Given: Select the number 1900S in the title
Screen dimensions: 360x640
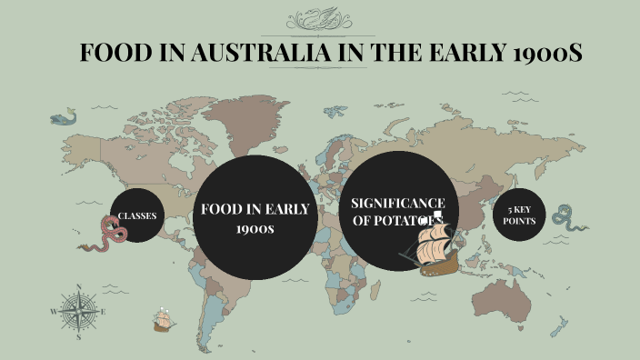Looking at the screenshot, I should coord(544,53).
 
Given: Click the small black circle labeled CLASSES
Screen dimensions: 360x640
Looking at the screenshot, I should coord(137,215).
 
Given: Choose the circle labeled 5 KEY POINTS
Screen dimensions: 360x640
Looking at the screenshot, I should coord(520,215).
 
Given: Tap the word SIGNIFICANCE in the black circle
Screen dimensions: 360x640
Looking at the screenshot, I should coord(397,202).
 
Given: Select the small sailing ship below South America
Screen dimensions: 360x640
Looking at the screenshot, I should coord(164,321).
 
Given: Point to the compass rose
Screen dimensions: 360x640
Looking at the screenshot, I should coord(79,312).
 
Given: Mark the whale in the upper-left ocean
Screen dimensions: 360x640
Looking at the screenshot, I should coord(64,116).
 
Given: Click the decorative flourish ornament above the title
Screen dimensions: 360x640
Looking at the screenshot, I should coord(319,19).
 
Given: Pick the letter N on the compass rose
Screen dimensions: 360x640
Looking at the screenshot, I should coord(79,287).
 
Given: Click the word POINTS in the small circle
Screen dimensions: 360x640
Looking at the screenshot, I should coord(520,221).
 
